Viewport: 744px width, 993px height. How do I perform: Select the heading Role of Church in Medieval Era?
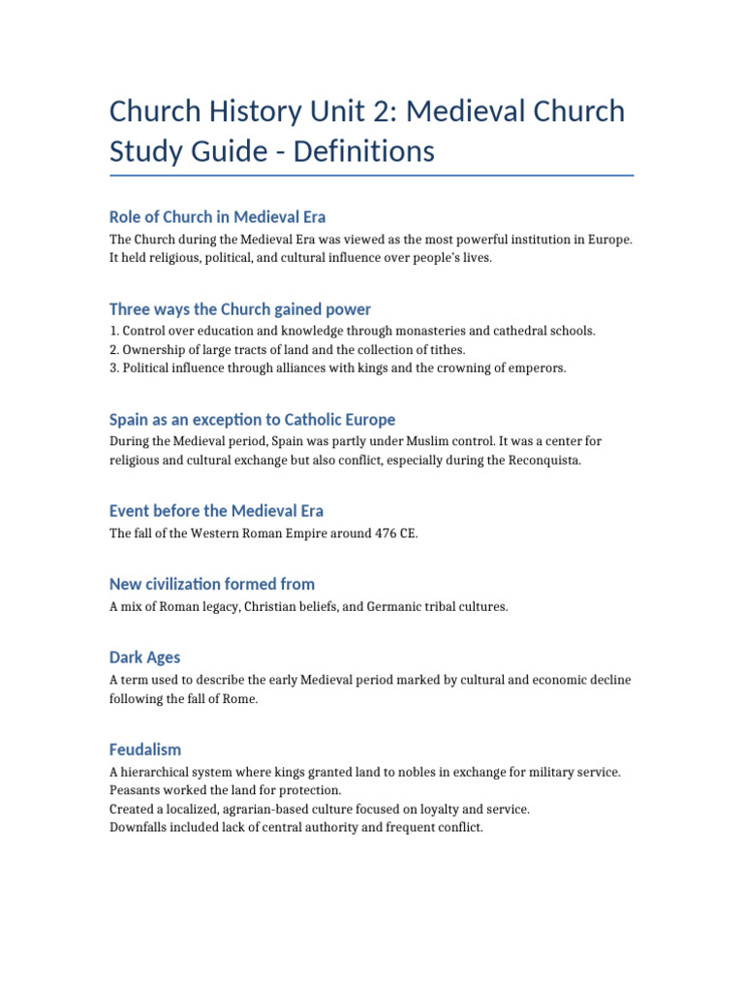(x=217, y=216)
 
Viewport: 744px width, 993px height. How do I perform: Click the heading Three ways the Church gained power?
(x=239, y=309)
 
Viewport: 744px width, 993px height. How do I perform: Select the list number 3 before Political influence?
(x=112, y=368)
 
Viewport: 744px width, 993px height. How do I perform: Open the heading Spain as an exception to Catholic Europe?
(x=252, y=420)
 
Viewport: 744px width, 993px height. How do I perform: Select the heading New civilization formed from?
(x=211, y=584)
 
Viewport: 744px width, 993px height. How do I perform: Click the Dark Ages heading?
(x=144, y=657)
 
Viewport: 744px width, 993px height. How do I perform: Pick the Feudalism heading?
(x=144, y=750)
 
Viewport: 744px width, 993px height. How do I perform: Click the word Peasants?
(x=136, y=790)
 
